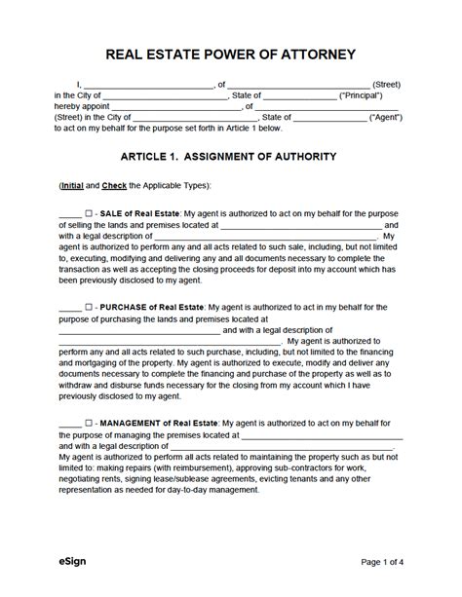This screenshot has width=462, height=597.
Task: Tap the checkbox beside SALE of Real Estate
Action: pos(89,212)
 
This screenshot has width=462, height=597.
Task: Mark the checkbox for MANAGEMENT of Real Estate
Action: pos(89,424)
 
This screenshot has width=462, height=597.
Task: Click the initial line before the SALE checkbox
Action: pos(69,213)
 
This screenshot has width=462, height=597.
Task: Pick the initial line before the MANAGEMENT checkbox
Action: pos(69,425)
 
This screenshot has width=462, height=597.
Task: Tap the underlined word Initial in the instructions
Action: pos(71,185)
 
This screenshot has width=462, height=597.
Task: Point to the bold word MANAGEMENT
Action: pos(136,424)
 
